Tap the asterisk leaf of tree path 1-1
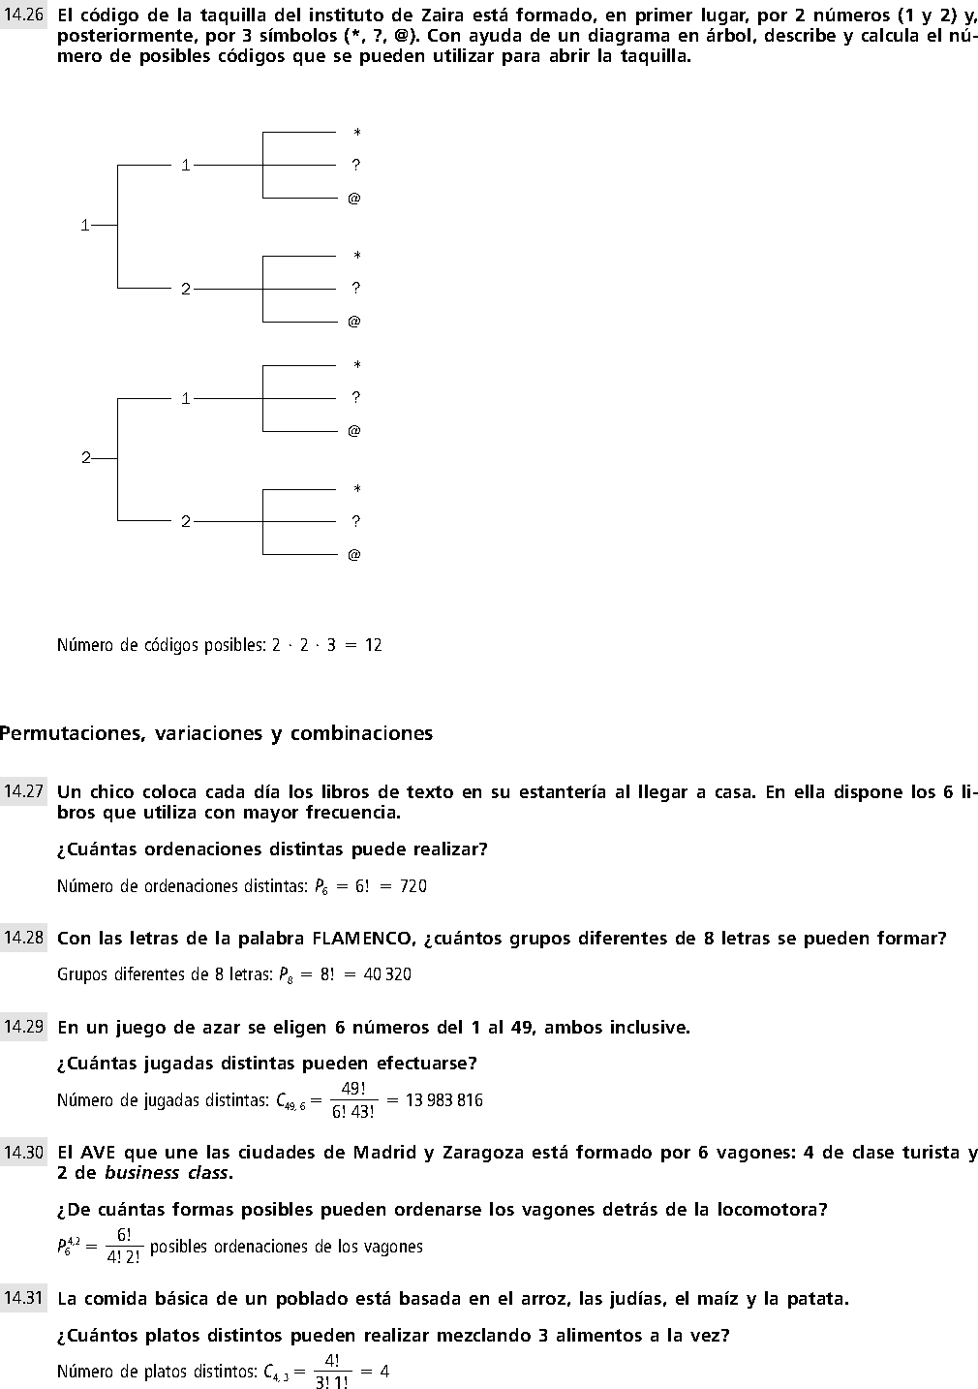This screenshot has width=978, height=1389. pos(356,133)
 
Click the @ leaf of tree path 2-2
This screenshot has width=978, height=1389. pos(353,555)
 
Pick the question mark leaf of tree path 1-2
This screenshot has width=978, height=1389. pos(355,288)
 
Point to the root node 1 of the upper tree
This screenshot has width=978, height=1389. pos(85,226)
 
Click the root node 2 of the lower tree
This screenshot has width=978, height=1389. pos(85,458)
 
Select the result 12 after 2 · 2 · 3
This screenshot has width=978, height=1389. pos(373,645)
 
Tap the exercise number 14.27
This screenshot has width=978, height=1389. pos(23,791)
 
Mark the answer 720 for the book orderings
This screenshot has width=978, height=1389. pos(413,886)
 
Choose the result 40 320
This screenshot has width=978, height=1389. pos(387,974)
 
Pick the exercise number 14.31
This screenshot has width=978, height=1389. pos(23,1299)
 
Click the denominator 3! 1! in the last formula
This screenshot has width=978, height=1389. pos(331,1382)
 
